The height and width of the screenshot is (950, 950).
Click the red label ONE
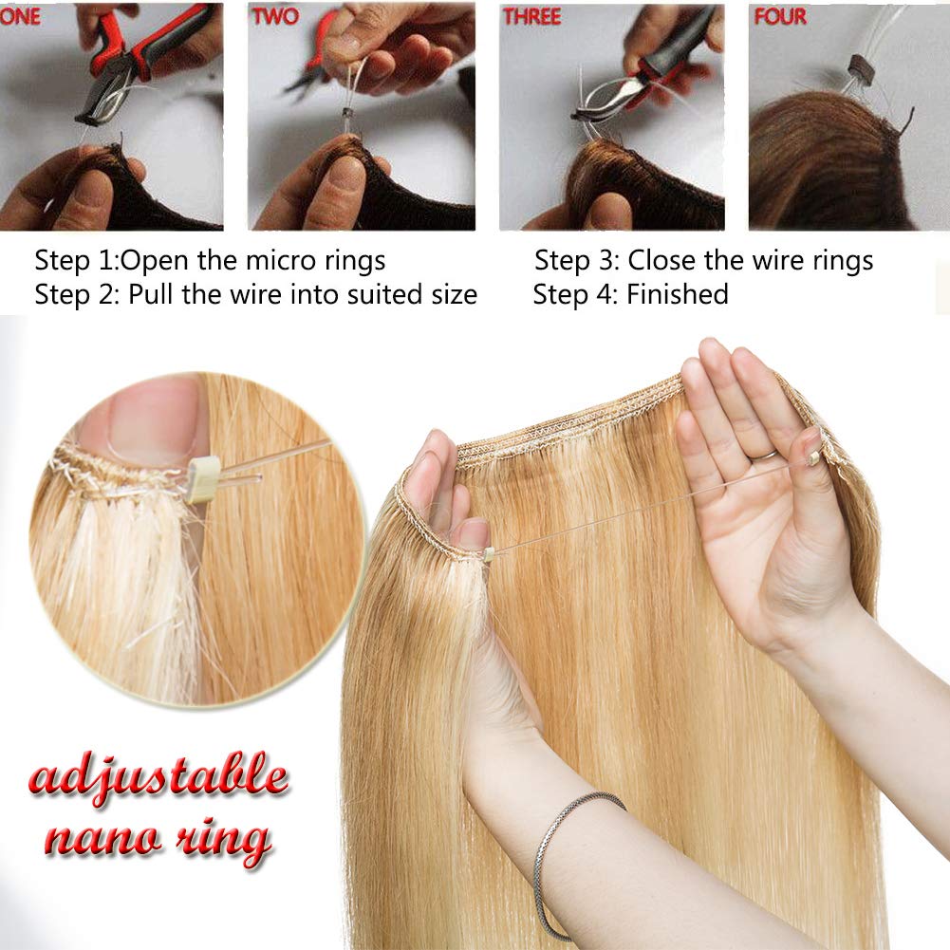pos(20,16)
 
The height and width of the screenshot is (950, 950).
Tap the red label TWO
pos(275,16)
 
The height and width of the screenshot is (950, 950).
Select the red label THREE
pos(532,16)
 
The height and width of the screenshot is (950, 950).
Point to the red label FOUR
pos(780,16)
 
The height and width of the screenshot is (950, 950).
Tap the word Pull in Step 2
pos(151,294)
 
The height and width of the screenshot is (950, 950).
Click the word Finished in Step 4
pos(678,294)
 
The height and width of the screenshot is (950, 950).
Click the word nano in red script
pos(103,839)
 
